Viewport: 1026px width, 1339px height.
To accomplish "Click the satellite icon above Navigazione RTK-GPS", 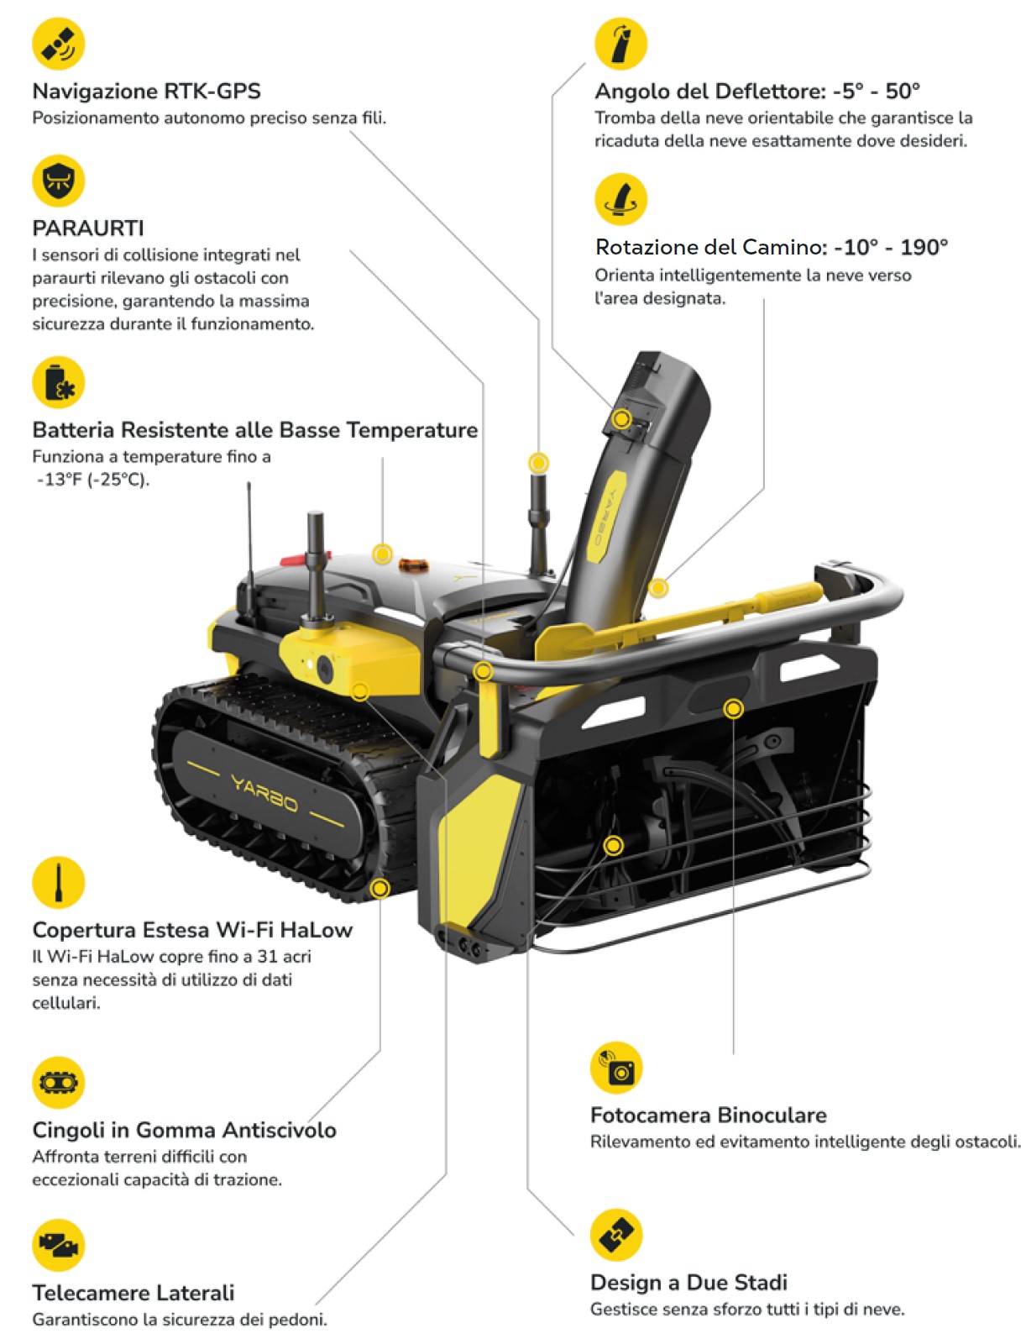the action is [x=59, y=45].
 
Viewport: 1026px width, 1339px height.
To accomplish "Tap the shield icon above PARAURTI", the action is [x=59, y=181].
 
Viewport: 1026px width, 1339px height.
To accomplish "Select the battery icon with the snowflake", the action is [x=59, y=382].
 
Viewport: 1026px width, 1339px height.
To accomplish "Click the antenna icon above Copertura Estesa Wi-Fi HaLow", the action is [x=59, y=882].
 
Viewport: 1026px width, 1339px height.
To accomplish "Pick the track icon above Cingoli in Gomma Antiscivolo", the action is [x=59, y=1082].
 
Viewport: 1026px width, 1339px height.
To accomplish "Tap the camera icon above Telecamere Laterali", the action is [x=59, y=1245].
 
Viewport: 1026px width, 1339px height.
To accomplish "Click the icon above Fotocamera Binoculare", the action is [x=616, y=1068].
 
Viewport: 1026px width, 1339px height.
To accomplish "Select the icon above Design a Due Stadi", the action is [x=616, y=1235].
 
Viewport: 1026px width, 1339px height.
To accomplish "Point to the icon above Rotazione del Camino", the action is [x=620, y=199].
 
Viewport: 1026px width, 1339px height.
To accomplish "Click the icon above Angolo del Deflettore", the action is [x=620, y=44].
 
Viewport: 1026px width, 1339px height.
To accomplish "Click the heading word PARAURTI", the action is [x=88, y=228].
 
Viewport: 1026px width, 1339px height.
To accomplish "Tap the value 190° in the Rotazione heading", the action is [x=924, y=247].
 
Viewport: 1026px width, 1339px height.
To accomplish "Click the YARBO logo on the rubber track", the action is [x=264, y=794].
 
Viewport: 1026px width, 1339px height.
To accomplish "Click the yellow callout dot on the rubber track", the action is [x=380, y=888].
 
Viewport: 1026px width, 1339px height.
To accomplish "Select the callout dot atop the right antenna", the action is [x=539, y=463].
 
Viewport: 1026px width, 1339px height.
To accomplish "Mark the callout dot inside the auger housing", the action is [x=614, y=846].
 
